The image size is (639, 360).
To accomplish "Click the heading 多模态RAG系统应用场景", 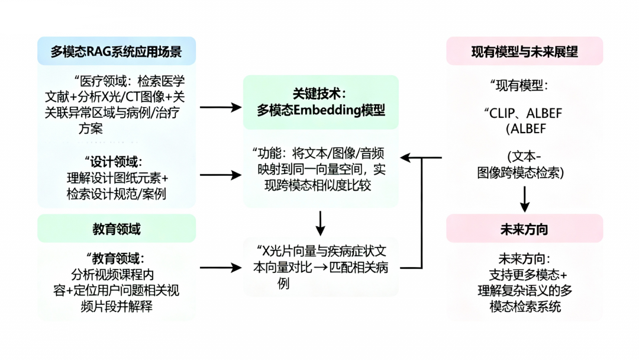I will click(x=116, y=52).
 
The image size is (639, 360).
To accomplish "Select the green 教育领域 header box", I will click(x=116, y=229).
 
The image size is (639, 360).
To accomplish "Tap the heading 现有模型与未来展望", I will click(x=524, y=52).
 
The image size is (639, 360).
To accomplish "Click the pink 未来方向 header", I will click(x=524, y=229).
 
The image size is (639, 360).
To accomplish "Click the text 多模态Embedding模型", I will click(x=321, y=110).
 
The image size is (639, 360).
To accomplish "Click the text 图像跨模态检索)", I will click(x=521, y=173).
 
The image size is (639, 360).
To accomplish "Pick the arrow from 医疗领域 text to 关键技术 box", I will click(x=221, y=107).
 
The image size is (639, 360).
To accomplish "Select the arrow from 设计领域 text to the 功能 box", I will click(x=221, y=175).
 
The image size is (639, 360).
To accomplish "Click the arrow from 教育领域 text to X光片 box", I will click(x=221, y=267).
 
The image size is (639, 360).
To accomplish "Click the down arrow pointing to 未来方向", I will click(x=524, y=200).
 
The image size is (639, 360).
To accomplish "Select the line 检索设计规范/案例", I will click(x=116, y=194).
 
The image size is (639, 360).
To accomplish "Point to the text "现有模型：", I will click(x=518, y=85).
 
